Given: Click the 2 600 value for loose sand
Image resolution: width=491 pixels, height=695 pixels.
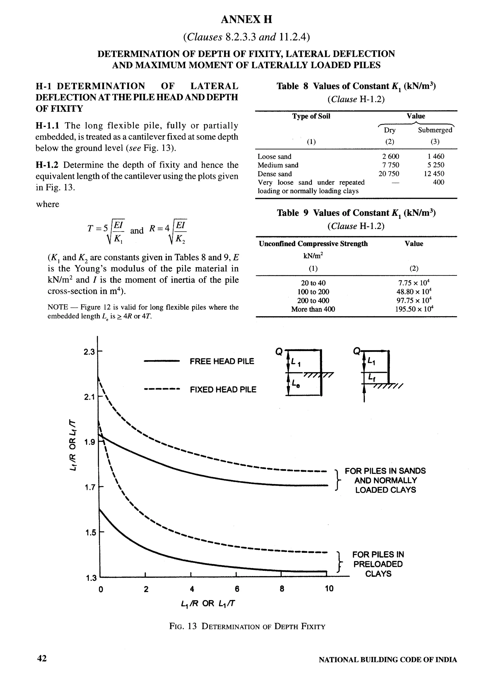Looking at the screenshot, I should [391, 157].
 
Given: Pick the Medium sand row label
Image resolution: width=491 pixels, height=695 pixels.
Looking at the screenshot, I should [278, 165].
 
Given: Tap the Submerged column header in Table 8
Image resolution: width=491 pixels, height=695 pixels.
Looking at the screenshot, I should [435, 130].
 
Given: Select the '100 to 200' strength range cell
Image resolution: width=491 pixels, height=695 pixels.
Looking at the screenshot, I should [313, 292].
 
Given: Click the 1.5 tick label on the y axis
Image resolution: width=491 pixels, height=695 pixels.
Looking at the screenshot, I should [90, 532].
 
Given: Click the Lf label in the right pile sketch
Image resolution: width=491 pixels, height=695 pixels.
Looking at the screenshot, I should [372, 377].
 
